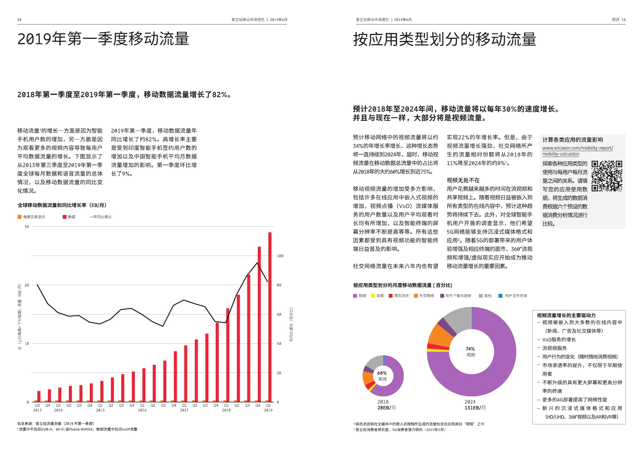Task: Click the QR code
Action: point(607,176)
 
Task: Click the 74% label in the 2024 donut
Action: point(470,349)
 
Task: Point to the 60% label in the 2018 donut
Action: point(382,373)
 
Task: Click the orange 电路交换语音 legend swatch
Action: point(19,217)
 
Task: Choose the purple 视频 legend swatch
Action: point(355,296)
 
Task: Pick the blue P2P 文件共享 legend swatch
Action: point(500,296)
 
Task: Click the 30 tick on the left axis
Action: point(27,227)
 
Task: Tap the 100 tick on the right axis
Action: point(280,256)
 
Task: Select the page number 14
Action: point(19,20)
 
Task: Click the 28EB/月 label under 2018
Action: point(386,408)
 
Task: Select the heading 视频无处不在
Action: point(463,180)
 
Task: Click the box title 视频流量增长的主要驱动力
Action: point(566,315)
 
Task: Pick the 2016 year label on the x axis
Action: point(142,410)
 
